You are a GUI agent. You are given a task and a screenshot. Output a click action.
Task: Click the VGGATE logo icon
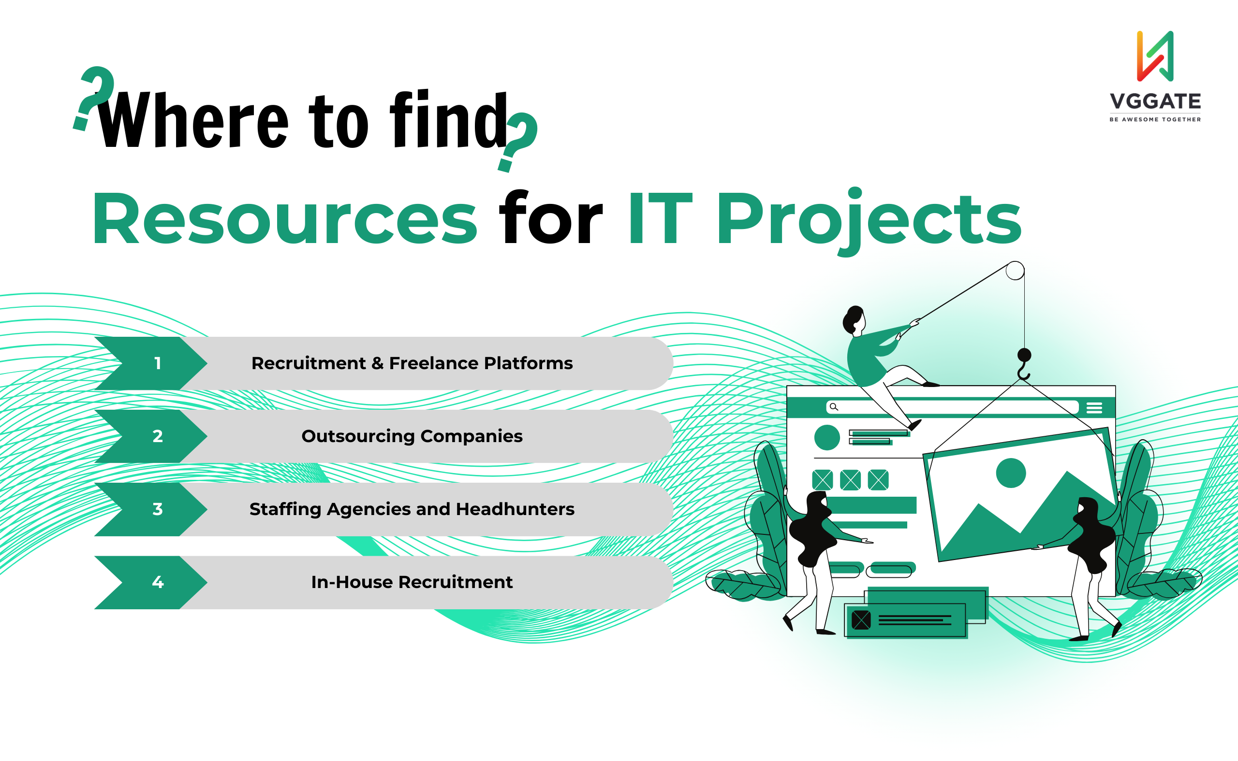click(1155, 56)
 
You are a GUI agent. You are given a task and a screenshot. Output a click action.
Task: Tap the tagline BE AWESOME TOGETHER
click(1155, 119)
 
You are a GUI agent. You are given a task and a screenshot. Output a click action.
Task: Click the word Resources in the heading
click(284, 219)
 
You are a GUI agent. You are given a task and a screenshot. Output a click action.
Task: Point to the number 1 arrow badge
click(150, 363)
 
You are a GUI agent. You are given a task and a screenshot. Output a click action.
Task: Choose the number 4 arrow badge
click(150, 582)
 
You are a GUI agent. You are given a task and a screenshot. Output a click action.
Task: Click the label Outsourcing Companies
click(412, 436)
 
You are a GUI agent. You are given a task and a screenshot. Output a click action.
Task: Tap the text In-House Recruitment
click(412, 582)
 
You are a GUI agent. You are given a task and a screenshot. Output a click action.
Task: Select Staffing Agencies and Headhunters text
click(412, 509)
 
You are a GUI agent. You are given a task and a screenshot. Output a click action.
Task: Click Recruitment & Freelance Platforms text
click(412, 363)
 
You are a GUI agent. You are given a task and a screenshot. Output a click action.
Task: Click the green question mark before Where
click(95, 97)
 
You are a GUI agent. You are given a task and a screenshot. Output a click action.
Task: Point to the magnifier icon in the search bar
click(834, 407)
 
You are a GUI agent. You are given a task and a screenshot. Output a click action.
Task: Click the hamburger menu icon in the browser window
click(1094, 408)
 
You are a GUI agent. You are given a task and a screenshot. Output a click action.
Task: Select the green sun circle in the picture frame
click(1011, 473)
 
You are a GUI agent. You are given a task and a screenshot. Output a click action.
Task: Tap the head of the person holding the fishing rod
click(854, 320)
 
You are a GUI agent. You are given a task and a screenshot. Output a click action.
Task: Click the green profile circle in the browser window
click(827, 437)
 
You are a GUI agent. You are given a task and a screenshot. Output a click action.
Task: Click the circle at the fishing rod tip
click(1015, 271)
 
